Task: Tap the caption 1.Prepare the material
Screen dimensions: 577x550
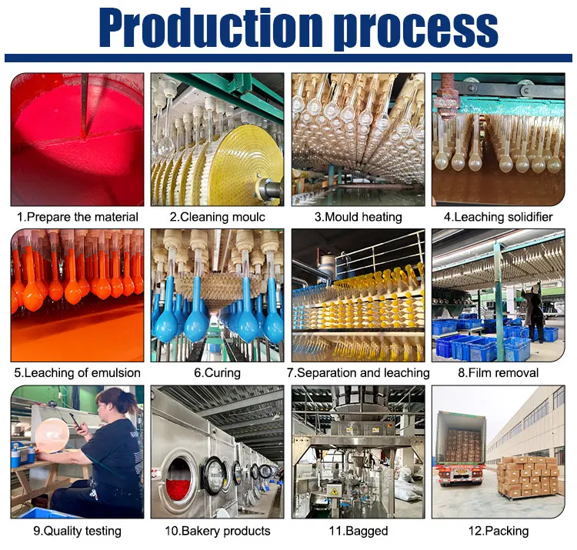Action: point(78,217)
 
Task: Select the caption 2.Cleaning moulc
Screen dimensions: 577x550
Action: point(217,217)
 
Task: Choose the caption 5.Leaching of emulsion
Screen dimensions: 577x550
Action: point(78,373)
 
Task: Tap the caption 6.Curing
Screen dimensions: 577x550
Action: point(217,373)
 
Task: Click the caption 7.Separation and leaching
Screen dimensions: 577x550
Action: point(358,373)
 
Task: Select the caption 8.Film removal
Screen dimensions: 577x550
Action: point(498,373)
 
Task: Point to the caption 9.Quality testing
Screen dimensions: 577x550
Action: point(77,531)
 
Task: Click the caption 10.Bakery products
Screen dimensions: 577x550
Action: point(217,531)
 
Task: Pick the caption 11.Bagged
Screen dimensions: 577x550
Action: point(358,531)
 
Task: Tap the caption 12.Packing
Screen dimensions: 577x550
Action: point(498,531)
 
